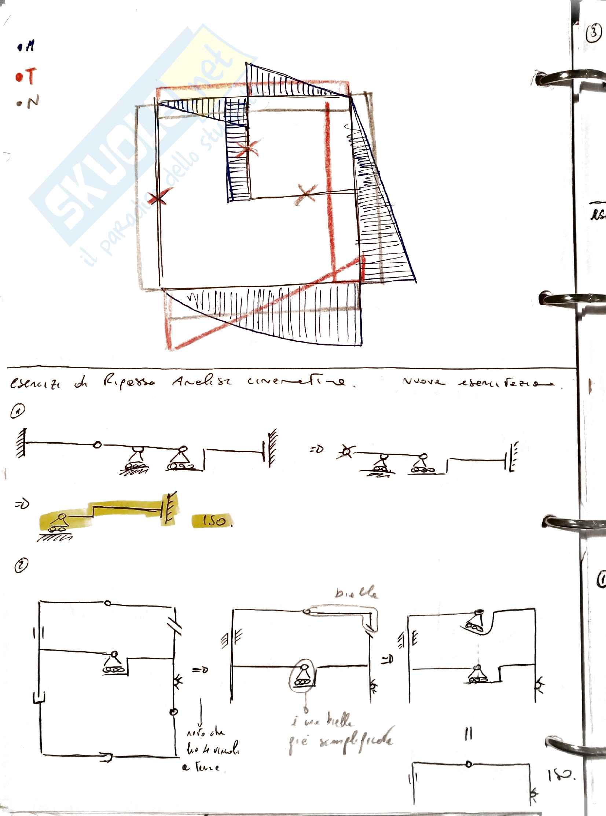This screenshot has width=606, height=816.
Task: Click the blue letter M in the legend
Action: pos(29,47)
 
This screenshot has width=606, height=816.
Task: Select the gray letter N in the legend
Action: pos(32,101)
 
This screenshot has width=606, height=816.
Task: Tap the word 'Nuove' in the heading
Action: pos(423,382)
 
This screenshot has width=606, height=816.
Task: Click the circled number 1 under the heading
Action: pos(18,412)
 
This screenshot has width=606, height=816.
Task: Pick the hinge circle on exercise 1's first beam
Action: pos(97,445)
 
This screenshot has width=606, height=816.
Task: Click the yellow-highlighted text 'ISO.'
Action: pos(213,521)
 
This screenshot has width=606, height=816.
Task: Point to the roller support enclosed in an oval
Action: pos(302,676)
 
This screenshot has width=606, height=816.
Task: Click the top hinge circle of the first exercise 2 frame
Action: pos(107,603)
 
